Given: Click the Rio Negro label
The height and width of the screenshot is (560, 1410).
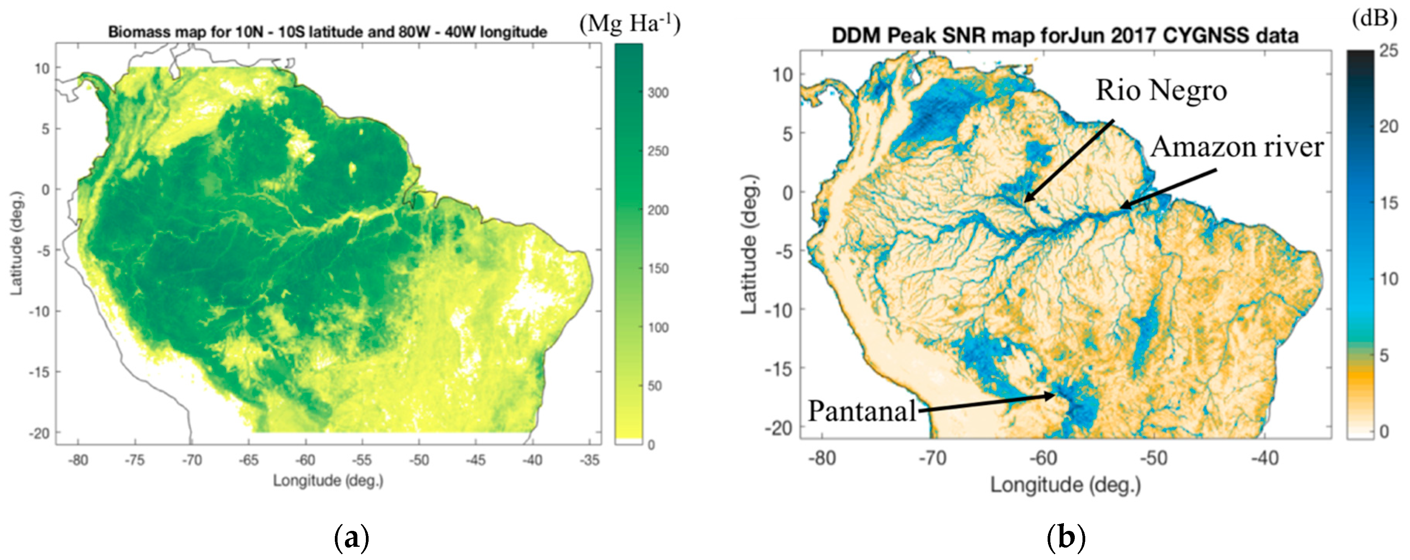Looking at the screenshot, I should pos(1161,91).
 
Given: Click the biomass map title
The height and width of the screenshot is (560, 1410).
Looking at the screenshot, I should pos(327,32).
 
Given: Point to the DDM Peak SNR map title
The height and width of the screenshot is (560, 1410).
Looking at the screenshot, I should pos(1065,36).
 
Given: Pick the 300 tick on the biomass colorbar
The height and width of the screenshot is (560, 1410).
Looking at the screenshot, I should pos(658,93).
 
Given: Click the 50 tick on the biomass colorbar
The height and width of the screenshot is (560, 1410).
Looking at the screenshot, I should pos(655,386).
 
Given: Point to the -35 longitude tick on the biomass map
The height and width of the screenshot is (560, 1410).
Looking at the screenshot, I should pos(589,460).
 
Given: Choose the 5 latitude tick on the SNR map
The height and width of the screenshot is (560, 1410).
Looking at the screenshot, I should pos(787,133).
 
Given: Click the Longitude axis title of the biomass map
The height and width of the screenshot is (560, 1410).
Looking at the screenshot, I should pos(328,481).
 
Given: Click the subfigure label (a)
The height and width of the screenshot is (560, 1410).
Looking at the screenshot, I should pos(351,539).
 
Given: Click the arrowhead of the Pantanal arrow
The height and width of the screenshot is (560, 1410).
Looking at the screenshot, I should pos(1052,395).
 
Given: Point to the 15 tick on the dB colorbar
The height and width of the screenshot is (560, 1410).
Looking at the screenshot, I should pos(1389,203).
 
